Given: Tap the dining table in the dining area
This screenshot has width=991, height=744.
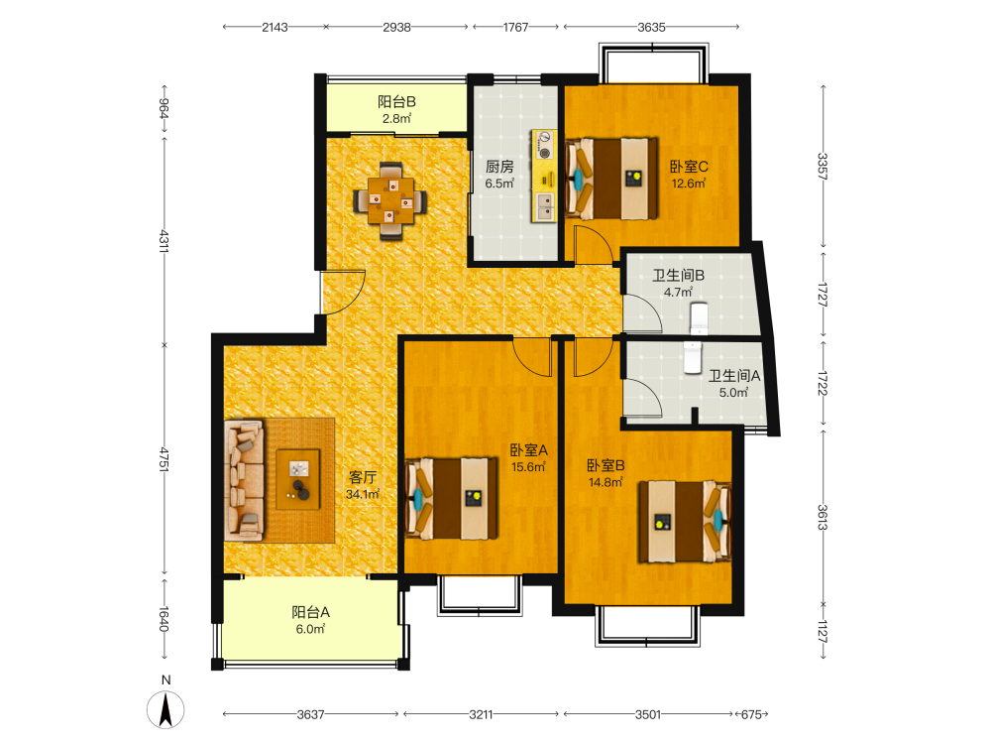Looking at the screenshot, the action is click(390, 201).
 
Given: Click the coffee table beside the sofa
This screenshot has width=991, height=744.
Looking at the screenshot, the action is click(297, 479).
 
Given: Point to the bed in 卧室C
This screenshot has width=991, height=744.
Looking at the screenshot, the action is click(611, 179).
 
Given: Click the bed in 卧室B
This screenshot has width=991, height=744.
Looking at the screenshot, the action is click(685, 522).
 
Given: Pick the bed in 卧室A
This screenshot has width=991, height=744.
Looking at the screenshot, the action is click(451, 499).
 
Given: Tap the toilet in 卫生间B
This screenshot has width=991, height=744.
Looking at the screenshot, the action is click(699, 317).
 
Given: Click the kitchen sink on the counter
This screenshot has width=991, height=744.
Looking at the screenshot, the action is click(544, 205).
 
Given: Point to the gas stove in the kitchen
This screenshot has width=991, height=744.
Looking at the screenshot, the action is click(544, 145).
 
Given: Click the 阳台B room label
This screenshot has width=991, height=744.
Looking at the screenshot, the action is click(397, 101).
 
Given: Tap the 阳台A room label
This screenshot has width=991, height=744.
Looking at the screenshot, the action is click(310, 612).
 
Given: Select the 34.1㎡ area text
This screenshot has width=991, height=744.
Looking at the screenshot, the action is click(363, 493).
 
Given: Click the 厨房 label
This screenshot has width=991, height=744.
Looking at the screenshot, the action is click(499, 167).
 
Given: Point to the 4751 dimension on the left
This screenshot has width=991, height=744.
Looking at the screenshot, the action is click(165, 459).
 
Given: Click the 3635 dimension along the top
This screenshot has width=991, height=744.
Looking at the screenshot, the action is click(651, 27).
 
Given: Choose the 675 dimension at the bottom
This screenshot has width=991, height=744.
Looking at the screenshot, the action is click(751, 714).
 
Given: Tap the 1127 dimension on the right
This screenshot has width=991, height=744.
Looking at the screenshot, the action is click(823, 631).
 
